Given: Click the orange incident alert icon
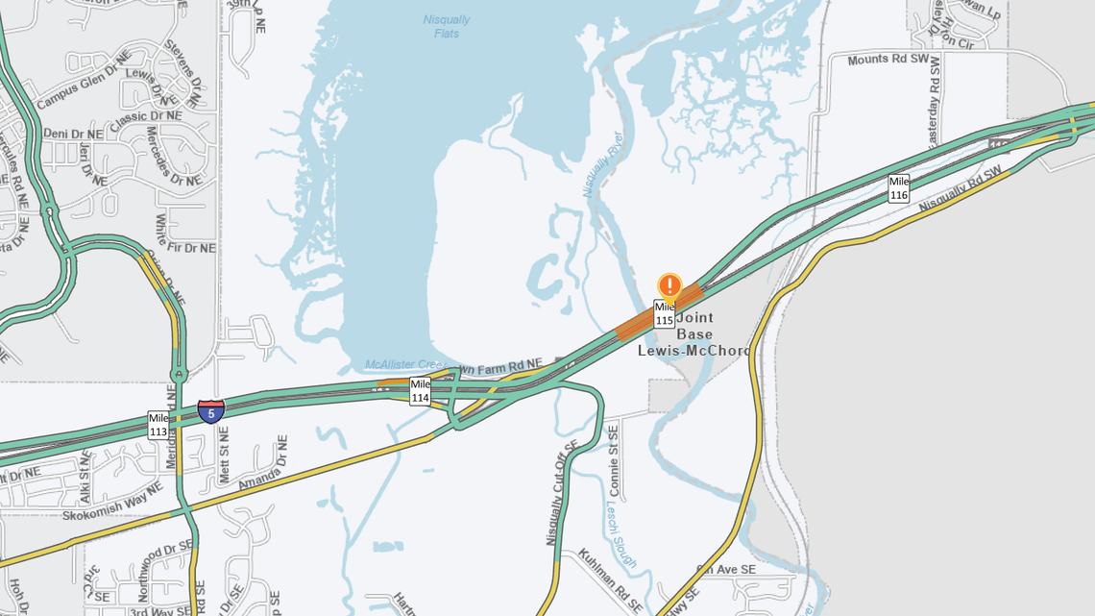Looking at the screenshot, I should click(x=669, y=285).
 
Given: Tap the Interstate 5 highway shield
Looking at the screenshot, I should click(x=211, y=412).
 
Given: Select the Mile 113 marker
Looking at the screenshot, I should click(x=158, y=425).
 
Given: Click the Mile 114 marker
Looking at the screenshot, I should click(x=420, y=391).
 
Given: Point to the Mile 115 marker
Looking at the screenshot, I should click(x=664, y=313).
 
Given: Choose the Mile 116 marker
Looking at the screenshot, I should click(x=898, y=188).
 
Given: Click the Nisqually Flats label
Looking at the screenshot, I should click(x=447, y=26).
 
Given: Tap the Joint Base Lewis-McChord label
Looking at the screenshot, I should click(x=694, y=333).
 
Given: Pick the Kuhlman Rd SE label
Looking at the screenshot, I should click(x=610, y=581).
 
